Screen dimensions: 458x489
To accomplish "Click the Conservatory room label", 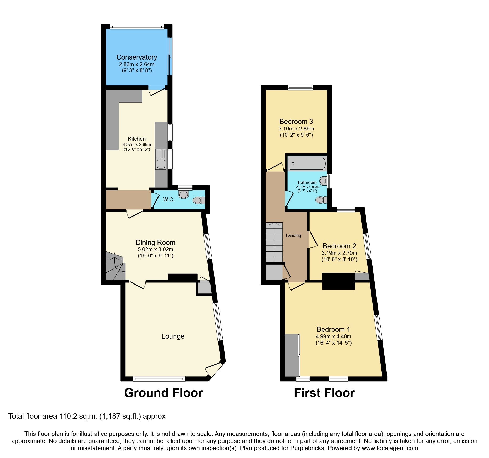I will point(137,57).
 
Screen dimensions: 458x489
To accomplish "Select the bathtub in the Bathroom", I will point(307,164).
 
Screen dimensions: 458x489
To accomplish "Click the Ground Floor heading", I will point(163,393).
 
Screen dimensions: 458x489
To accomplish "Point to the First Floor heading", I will point(324,393).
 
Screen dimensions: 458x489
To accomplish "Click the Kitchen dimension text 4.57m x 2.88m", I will point(137,144).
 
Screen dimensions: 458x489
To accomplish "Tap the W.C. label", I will point(169,199).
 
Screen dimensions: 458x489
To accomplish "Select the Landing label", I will point(293,235).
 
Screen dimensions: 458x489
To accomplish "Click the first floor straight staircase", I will point(274,242).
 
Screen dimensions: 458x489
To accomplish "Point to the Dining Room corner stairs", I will point(115,266).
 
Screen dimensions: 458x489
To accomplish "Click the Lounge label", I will point(173,336).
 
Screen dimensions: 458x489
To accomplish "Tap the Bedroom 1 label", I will point(333,329).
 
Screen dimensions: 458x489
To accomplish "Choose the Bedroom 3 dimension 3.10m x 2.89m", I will point(296,129).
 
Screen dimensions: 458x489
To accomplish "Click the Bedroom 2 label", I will point(339,246).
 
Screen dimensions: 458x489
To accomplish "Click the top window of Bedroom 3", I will point(300,88).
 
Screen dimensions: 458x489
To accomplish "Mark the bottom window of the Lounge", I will point(159,378).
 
